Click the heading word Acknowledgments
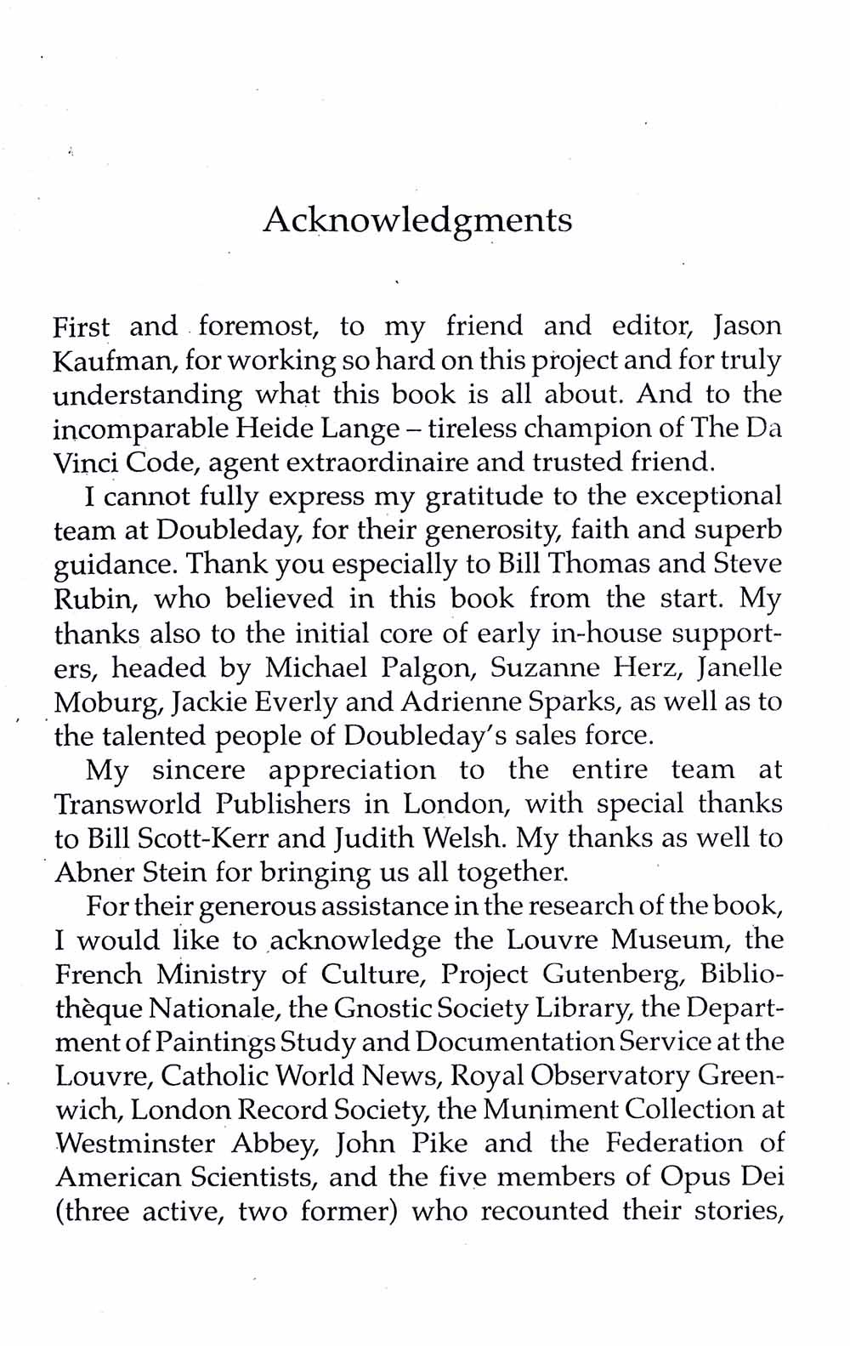417,221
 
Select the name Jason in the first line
746,327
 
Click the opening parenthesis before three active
59,1212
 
